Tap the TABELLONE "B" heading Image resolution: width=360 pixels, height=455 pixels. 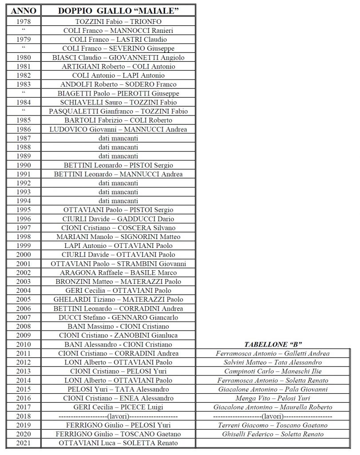[x=273, y=344]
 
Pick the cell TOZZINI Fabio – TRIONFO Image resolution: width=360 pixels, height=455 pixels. [x=118, y=21]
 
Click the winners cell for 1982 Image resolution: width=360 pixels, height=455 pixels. [x=118, y=75]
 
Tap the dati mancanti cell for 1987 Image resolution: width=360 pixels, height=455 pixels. [x=118, y=138]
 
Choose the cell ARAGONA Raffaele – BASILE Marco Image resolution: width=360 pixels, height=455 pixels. [x=118, y=272]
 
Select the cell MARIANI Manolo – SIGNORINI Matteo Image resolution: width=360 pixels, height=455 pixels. [x=118, y=237]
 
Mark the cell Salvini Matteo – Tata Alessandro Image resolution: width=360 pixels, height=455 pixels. [x=273, y=363]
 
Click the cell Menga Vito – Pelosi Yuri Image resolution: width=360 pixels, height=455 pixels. [x=273, y=398]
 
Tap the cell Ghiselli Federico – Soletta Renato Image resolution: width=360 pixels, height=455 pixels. [x=273, y=434]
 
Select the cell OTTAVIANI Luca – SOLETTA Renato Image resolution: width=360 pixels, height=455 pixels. [x=118, y=443]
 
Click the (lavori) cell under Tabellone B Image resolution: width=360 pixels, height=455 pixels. [x=273, y=416]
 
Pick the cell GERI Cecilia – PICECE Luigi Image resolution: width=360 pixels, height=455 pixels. [x=118, y=407]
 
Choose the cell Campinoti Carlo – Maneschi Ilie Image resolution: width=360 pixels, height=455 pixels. [x=273, y=371]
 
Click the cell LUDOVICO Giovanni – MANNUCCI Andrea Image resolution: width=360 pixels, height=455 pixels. [x=118, y=129]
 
